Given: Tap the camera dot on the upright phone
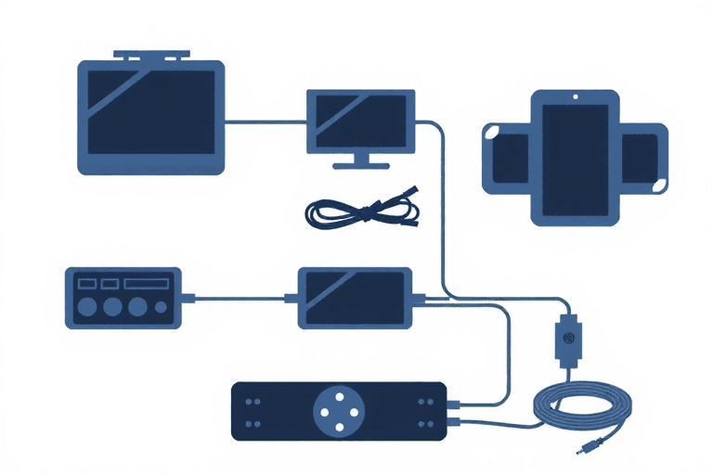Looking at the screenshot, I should point(575,96).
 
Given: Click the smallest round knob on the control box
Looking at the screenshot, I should point(162,307).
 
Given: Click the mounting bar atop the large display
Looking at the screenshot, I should point(149,57).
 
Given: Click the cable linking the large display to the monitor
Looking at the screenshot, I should point(266,120).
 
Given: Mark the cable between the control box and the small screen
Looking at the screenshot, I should point(240,299).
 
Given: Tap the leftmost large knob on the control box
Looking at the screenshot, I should point(88,306).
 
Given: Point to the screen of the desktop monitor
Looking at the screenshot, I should point(359,116).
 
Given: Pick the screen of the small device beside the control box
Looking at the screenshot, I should point(353,297).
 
